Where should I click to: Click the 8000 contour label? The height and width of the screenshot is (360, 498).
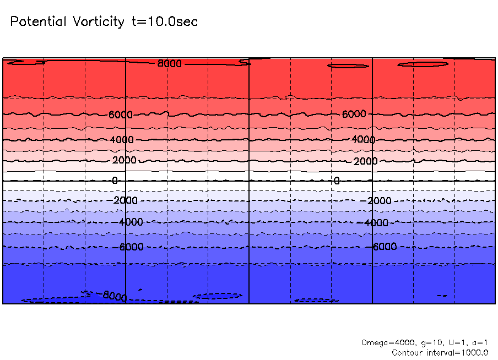[170, 64]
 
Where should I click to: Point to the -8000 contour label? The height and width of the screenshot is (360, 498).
[113, 296]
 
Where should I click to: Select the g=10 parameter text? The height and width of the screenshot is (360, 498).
[424, 342]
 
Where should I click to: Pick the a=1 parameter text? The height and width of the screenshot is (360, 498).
[478, 342]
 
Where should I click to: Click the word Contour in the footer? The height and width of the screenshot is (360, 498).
[407, 353]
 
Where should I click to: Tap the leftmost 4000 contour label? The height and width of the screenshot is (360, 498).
[122, 140]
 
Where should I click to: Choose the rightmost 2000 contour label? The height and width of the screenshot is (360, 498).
[365, 161]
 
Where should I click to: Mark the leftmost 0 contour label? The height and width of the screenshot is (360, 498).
[115, 180]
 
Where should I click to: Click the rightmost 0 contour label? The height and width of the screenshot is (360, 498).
[337, 181]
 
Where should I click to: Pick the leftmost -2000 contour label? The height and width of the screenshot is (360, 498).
[124, 200]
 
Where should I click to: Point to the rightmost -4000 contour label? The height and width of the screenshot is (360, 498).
[376, 223]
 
